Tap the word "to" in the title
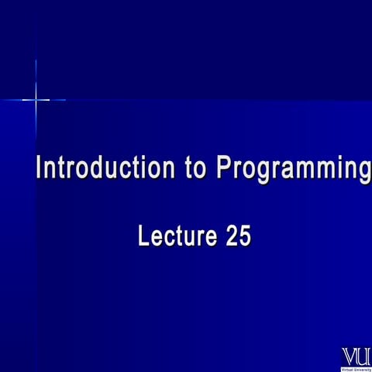click(197, 168)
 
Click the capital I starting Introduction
click(40, 168)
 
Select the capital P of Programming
click(224, 168)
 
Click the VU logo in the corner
click(356, 356)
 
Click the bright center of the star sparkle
click(36, 99)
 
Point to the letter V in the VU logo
click(350, 356)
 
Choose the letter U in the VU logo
click(363, 356)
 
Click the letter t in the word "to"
click(190, 168)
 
